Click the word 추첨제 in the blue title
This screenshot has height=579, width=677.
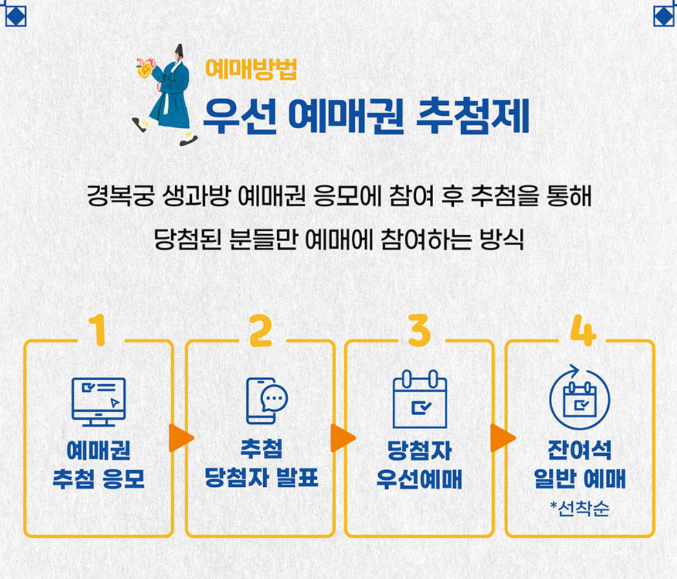click(472, 116)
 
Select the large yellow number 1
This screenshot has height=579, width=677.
click(99, 330)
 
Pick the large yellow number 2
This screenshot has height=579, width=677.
click(260, 330)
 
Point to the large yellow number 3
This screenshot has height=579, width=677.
click(419, 330)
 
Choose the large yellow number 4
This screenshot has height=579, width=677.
click(582, 330)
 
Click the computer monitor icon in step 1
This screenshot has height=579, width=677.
click(98, 401)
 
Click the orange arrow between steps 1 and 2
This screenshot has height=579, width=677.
click(180, 438)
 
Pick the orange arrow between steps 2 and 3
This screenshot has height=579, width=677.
click(342, 438)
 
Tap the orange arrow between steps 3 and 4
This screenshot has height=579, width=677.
click(502, 438)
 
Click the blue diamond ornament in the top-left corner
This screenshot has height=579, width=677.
click(15, 15)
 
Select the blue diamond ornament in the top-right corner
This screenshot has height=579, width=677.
click(664, 15)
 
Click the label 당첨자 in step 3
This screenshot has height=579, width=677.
click(419, 450)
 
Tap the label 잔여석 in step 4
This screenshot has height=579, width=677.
click(579, 450)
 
